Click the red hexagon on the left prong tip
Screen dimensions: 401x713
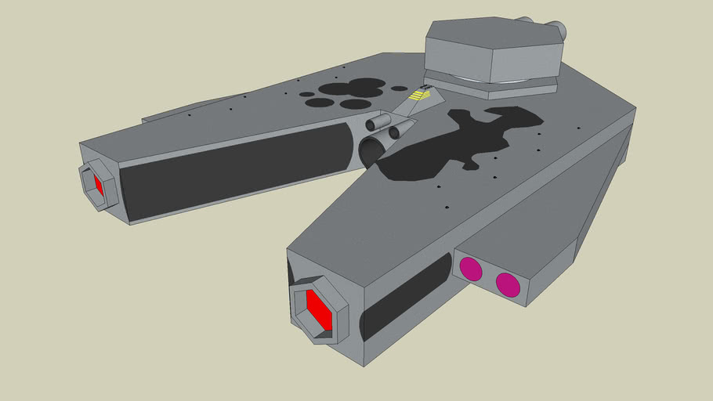coord(99,186)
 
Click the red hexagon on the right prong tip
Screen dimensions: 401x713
coord(317,309)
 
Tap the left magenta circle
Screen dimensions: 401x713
coord(470,269)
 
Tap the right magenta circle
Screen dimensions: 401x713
coord(508,284)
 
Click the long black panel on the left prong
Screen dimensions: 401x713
coord(235,172)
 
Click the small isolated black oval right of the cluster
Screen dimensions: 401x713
coord(399,89)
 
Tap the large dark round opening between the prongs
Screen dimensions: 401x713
coord(372,151)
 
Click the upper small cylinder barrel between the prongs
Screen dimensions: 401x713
coord(379,122)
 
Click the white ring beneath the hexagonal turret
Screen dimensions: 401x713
coord(501,81)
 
